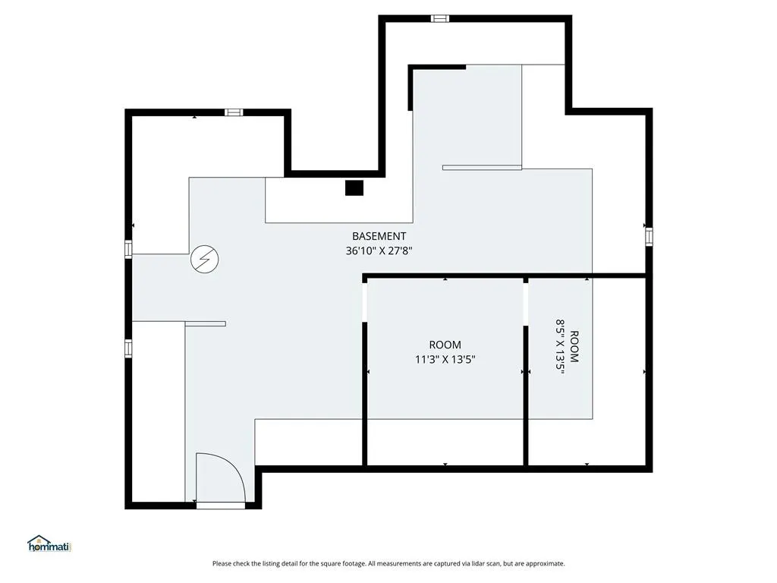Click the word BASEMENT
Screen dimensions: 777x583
(379, 237)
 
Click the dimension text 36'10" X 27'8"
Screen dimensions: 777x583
(379, 251)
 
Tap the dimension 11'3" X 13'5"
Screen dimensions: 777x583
(445, 359)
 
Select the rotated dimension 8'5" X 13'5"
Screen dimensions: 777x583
(560, 347)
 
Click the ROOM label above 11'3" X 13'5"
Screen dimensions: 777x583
(445, 345)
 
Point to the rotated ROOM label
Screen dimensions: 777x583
(574, 347)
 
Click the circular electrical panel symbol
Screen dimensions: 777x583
(205, 260)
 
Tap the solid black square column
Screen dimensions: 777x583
(354, 188)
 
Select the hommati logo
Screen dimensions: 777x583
(49, 544)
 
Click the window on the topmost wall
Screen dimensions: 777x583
(439, 18)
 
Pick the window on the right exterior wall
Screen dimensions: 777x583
(649, 237)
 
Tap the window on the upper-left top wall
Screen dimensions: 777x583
(234, 112)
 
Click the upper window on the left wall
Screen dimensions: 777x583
(128, 249)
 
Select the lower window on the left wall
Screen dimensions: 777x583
(128, 348)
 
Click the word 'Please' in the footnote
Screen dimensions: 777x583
(221, 564)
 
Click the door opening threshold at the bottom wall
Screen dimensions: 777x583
(221, 505)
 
